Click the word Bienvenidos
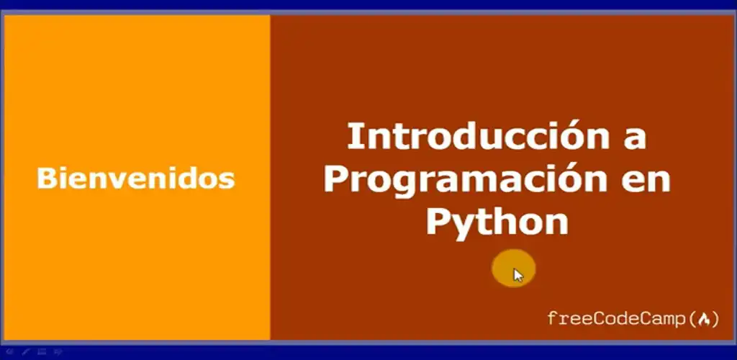pyautogui.click(x=135, y=177)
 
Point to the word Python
pyautogui.click(x=497, y=220)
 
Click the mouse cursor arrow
pyautogui.click(x=518, y=274)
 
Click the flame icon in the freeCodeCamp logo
pyautogui.click(x=705, y=318)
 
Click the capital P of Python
pyautogui.click(x=438, y=220)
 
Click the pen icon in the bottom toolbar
pyautogui.click(x=26, y=352)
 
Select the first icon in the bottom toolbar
pyautogui.click(x=9, y=352)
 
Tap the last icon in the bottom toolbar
pyautogui.click(x=59, y=352)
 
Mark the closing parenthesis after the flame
pyautogui.click(x=715, y=318)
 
